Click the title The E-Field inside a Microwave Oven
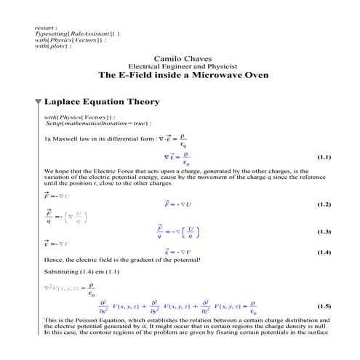pos(183,75)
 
